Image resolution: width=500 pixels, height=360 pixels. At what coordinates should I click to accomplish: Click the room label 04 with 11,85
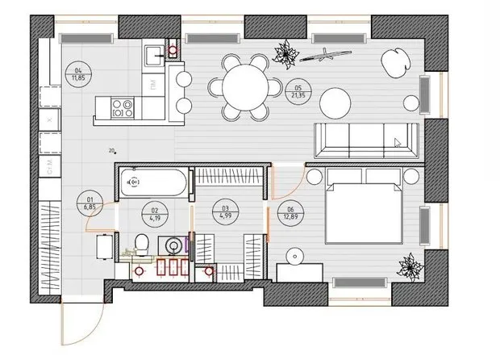pyautogui.click(x=79, y=75)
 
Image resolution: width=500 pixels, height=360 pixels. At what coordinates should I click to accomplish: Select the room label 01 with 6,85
pyautogui.click(x=91, y=203)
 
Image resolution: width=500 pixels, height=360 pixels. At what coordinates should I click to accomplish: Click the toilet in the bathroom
pyautogui.click(x=142, y=241)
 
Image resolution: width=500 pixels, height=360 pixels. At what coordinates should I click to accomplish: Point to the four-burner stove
pyautogui.click(x=125, y=105)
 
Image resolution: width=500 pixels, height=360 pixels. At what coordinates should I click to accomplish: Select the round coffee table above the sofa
pyautogui.click(x=335, y=102)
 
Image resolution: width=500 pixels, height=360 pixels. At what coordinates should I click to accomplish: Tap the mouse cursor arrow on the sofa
pyautogui.click(x=398, y=143)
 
